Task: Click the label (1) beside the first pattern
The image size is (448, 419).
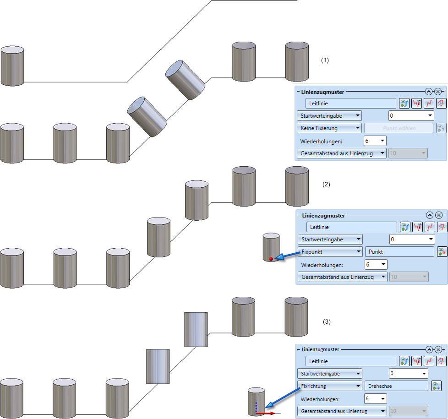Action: point(325,60)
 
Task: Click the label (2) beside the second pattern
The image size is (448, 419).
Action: point(326,185)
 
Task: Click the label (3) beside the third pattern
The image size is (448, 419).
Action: point(326,322)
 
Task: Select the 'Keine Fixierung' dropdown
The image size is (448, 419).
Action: point(329,128)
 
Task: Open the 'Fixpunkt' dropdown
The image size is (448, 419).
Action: point(330,251)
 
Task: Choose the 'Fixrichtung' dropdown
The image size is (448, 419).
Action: point(329,386)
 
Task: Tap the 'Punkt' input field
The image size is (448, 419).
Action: point(399,251)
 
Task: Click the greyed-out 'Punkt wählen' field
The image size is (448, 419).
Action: point(399,128)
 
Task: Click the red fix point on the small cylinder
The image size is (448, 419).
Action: point(271,259)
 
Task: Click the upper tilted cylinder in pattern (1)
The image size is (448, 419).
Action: point(185,79)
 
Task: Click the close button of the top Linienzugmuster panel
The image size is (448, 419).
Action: point(438,92)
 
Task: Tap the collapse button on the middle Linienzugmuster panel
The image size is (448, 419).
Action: point(430,215)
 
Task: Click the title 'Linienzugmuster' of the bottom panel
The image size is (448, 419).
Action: point(321,349)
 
